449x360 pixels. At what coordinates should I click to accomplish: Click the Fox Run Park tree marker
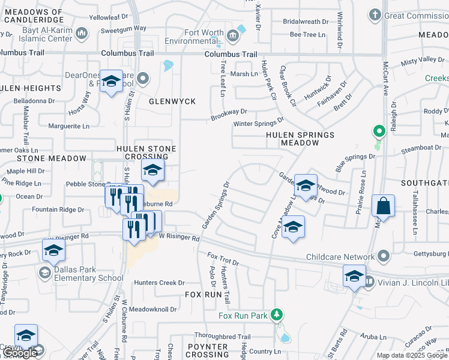click(276, 314)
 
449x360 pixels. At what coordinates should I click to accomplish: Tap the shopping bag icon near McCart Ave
click(383, 206)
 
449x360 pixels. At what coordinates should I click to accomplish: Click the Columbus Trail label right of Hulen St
click(231, 55)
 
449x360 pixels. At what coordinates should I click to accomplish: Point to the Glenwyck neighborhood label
click(173, 101)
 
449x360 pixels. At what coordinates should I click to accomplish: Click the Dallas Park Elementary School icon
click(44, 274)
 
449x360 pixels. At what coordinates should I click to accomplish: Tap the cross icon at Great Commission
click(375, 14)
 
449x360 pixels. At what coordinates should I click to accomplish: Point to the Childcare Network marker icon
click(383, 257)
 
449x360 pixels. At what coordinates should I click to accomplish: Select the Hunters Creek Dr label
click(159, 283)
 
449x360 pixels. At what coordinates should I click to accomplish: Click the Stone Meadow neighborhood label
click(52, 158)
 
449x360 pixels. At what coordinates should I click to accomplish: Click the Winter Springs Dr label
click(258, 124)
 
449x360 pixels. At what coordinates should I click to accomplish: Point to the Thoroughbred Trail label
click(222, 337)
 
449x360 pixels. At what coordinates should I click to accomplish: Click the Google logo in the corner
click(20, 353)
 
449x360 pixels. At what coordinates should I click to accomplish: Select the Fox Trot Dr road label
click(223, 260)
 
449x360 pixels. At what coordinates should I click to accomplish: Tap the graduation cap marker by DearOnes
click(110, 82)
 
